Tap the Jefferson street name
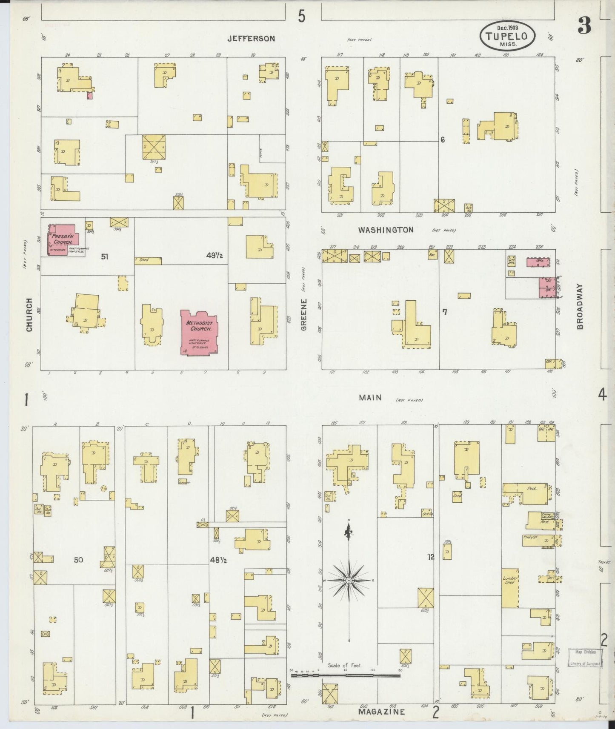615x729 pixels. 251,39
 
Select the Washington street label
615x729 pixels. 385,230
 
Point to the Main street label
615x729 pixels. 370,398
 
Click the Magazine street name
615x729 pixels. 381,712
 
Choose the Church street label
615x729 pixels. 29,315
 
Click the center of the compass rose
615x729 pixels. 349,580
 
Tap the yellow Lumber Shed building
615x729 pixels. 510,588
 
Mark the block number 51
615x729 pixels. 105,256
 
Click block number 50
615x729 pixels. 78,560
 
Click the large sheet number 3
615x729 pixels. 584,27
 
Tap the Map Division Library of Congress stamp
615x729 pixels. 585,669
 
